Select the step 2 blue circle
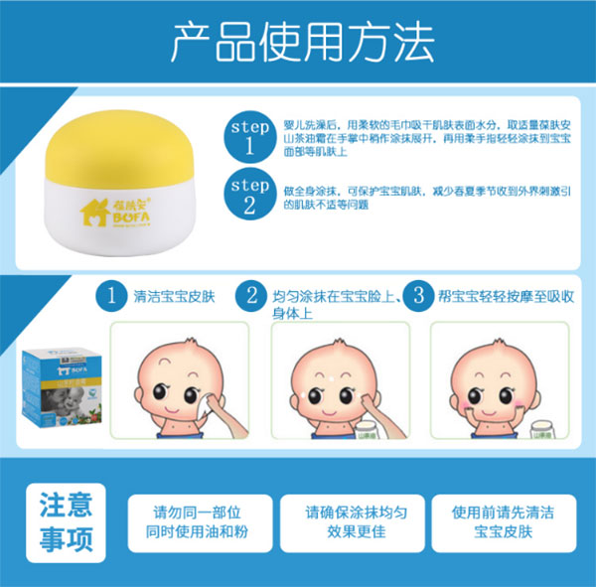249,196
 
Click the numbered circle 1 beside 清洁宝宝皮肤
116,295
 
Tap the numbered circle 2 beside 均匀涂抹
254,295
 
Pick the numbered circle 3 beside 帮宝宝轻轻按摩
421,295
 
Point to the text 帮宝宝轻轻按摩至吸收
504,296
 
